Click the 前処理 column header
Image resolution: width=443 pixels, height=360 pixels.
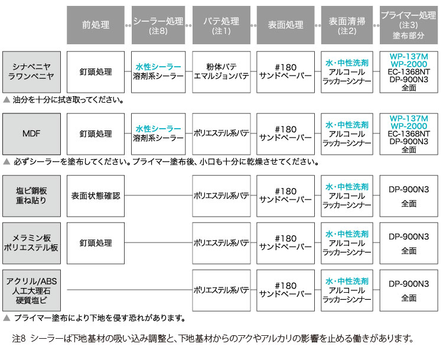[x=96, y=25]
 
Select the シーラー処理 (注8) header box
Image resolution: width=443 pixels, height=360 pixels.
[x=158, y=25]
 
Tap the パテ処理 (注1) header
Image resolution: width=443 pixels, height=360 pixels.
[x=221, y=25]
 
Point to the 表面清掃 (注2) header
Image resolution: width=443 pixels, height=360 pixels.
[x=347, y=25]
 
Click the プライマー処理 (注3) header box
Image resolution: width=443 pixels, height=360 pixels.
[x=409, y=25]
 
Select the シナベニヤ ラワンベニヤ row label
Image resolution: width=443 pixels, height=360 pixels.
[x=31, y=72]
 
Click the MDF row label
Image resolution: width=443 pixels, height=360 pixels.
[x=31, y=134]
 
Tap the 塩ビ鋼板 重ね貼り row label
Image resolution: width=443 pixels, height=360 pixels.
[x=31, y=196]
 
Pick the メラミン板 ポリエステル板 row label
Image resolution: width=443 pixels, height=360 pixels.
[x=31, y=243]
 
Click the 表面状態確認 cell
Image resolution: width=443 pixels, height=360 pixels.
[x=96, y=196]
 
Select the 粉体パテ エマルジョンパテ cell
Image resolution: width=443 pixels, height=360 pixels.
[x=221, y=72]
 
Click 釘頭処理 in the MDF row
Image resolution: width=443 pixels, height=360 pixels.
[x=96, y=134]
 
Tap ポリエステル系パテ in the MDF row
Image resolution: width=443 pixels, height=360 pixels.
[x=221, y=134]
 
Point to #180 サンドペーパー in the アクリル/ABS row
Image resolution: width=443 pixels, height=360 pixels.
[x=285, y=290]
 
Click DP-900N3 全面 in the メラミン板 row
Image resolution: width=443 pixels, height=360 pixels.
[x=409, y=243]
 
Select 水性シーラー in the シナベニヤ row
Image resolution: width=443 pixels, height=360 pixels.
[x=158, y=67]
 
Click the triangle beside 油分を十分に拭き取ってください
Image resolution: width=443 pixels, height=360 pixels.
[x=6, y=100]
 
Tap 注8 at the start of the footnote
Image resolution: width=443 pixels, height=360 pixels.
[x=19, y=338]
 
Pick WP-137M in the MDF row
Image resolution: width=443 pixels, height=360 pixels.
[x=409, y=118]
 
